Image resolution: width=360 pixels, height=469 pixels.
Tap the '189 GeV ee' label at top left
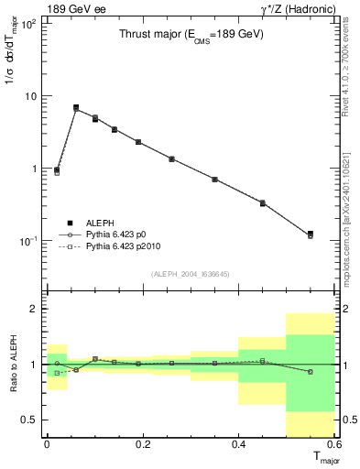coord(76,10)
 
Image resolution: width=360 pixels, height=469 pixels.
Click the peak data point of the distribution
coord(76,108)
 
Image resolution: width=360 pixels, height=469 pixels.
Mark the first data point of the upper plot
coord(57,170)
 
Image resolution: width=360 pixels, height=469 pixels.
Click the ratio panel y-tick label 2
coord(34,309)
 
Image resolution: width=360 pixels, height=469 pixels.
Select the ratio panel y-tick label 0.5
coord(29,420)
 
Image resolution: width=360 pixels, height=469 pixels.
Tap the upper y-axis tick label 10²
coord(30,24)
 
